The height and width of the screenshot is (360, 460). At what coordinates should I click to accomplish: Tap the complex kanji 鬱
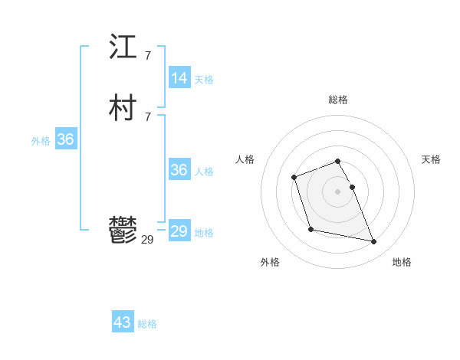[x=123, y=231]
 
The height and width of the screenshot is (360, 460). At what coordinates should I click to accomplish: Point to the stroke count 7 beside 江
[x=147, y=55]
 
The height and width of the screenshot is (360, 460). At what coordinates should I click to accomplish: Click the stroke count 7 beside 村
[x=147, y=116]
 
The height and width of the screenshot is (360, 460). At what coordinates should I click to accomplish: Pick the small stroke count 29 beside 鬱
[x=147, y=240]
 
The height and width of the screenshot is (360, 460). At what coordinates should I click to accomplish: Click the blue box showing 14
[x=179, y=78]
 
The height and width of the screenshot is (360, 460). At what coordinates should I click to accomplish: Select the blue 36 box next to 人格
[x=179, y=170]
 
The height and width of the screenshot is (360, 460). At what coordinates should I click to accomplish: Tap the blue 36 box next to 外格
[x=65, y=139]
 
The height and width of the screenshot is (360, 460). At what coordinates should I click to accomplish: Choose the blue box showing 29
[x=179, y=231]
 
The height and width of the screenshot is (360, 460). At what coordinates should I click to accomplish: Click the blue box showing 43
[x=123, y=322]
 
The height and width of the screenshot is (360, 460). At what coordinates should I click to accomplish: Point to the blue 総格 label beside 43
[x=147, y=324]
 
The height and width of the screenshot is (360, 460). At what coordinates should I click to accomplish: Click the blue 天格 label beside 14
[x=204, y=80]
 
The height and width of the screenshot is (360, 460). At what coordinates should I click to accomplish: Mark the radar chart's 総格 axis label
[x=338, y=100]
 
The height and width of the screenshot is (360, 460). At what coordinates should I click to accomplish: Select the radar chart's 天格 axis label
[x=431, y=159]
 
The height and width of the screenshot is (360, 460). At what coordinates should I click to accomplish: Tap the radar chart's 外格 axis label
[x=270, y=262]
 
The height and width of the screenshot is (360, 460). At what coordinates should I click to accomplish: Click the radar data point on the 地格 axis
[x=374, y=242]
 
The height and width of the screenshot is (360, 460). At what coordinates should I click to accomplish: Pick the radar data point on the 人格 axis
[x=294, y=178]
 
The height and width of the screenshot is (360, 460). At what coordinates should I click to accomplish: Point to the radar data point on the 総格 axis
[x=338, y=161]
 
